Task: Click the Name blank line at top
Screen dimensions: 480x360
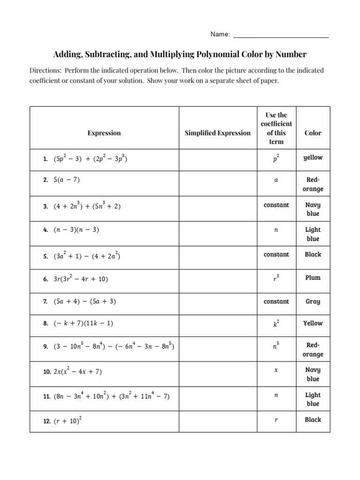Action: tap(281, 35)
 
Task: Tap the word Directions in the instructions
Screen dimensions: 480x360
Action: tap(45, 70)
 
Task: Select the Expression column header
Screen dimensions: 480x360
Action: tap(104, 133)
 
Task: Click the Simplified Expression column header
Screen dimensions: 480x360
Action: tap(217, 133)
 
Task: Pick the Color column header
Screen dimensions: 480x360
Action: tap(313, 133)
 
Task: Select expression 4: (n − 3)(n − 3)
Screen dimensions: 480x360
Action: tap(76, 230)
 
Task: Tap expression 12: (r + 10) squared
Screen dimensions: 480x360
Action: tap(67, 421)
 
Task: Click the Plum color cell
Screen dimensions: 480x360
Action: tap(313, 277)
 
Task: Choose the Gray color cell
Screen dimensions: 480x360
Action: tap(313, 301)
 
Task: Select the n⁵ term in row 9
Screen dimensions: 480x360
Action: tap(276, 347)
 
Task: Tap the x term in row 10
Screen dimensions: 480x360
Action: tap(276, 370)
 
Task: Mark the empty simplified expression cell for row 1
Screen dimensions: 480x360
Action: tap(217, 158)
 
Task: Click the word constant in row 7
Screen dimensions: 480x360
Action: tap(276, 301)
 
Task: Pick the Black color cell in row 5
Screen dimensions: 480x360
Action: tap(313, 254)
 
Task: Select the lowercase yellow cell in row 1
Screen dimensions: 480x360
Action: tap(313, 157)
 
